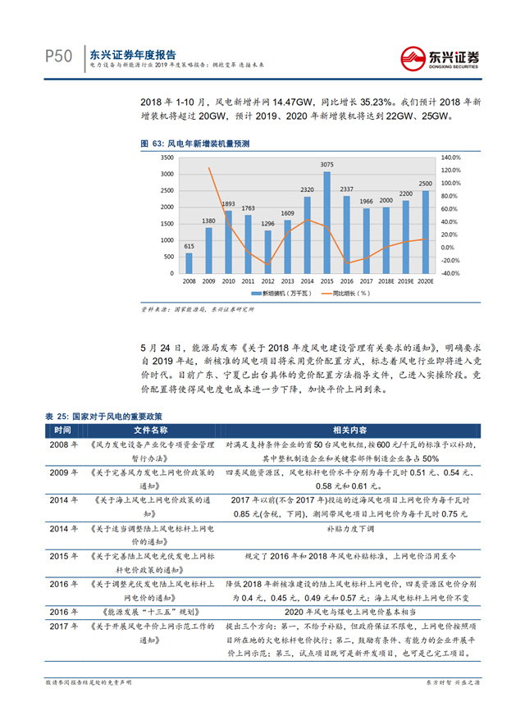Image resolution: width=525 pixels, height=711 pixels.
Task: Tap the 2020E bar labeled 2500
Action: click(x=425, y=233)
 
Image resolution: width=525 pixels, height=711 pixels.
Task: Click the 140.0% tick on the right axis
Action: click(x=453, y=157)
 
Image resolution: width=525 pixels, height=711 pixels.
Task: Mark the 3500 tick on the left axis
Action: click(x=167, y=157)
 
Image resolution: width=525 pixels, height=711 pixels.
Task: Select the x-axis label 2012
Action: click(x=268, y=280)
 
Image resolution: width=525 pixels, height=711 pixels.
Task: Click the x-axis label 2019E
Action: click(x=405, y=280)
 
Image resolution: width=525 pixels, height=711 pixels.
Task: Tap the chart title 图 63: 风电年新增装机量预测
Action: click(x=196, y=143)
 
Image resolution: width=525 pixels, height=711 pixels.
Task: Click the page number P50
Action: click(x=58, y=56)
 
